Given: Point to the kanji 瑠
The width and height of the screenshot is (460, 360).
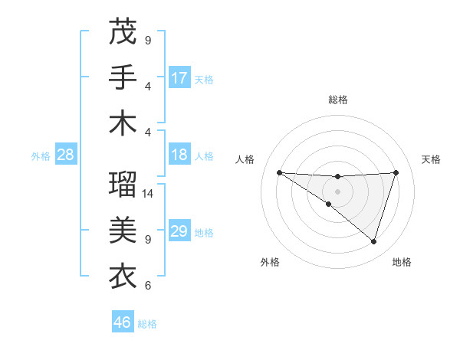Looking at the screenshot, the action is point(123,184).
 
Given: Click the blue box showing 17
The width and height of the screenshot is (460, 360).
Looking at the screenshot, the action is point(179,78).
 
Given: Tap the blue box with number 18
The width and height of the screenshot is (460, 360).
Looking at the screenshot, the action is point(179,155).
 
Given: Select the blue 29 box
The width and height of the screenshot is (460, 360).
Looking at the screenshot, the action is point(179,231).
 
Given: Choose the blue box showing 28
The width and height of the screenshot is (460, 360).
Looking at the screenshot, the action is point(65,155).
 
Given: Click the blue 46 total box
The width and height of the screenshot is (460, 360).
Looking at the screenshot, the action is point(123,322).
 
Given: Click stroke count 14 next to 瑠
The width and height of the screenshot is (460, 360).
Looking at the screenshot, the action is point(149,194).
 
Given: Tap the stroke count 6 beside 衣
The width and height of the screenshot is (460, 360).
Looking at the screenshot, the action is point(148,286).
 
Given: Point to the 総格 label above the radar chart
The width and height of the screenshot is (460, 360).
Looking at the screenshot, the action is point(337,100).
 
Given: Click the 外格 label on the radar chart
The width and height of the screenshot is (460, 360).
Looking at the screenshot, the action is point(270,262).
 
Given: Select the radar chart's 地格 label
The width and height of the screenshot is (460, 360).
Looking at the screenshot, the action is point(402,262).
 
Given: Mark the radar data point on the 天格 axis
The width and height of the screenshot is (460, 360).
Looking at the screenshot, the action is point(396,172).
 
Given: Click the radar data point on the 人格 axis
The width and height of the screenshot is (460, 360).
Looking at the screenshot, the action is point(279,172).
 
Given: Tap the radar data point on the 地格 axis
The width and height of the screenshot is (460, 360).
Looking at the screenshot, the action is point(374,241).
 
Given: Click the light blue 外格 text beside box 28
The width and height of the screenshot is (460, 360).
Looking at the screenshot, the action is point(41,156).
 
